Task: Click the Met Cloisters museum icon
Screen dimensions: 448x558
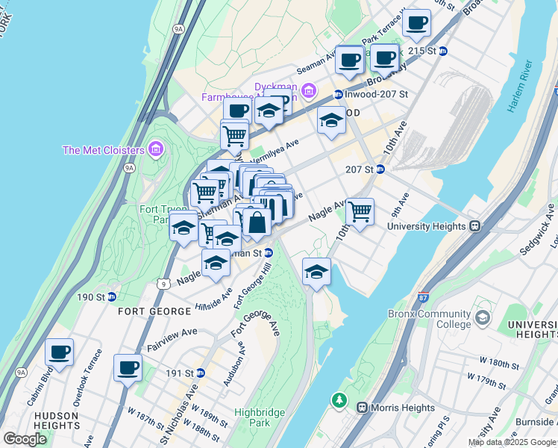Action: click(x=155, y=150)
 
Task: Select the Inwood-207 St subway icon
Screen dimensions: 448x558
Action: click(x=338, y=95)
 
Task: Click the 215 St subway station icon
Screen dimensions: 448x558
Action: click(x=443, y=51)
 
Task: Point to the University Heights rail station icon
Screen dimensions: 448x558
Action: click(x=474, y=226)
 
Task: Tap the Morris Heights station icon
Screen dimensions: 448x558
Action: click(x=363, y=408)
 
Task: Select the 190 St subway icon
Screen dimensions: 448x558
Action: click(x=111, y=297)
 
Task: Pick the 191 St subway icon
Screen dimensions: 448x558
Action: click(x=200, y=373)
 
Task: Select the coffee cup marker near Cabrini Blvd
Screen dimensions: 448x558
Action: click(x=59, y=352)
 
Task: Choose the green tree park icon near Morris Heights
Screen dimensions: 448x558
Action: click(x=340, y=402)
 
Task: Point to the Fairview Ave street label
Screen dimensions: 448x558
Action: click(x=172, y=338)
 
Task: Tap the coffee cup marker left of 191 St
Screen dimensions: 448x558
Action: click(x=128, y=367)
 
